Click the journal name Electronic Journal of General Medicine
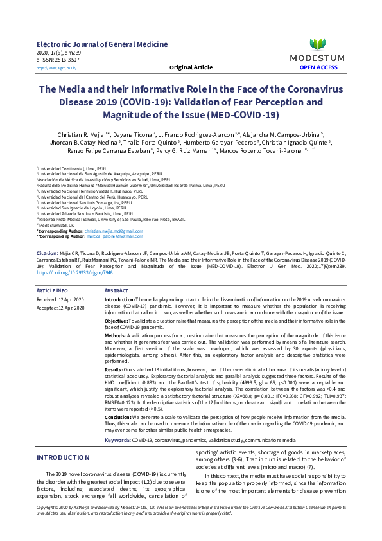[x=102, y=44]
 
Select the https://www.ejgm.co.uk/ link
[x=56, y=67]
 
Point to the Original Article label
[x=191, y=67]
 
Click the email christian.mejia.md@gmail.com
[x=112, y=230]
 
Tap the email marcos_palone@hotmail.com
[x=116, y=235]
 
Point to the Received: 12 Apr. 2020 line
[x=60, y=299]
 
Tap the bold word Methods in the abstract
[x=115, y=335]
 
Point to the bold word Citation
[x=48, y=254]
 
